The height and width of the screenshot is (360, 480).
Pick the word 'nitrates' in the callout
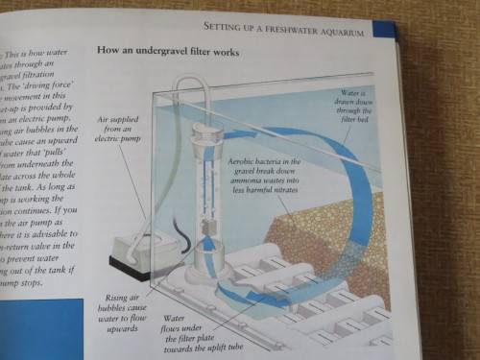282,189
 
